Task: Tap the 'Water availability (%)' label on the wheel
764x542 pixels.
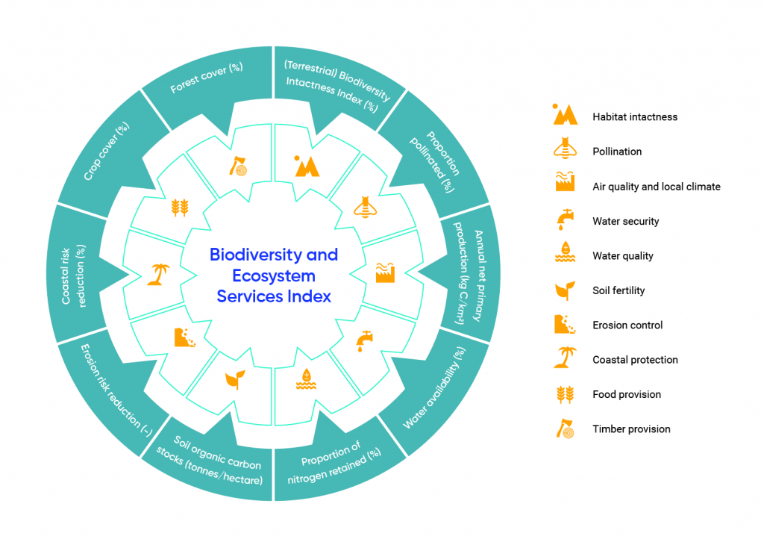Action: [435, 388]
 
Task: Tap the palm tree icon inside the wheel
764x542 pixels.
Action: [157, 274]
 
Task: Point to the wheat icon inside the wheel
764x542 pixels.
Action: [181, 207]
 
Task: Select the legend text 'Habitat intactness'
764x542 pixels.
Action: [634, 116]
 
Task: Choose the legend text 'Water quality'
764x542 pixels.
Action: [622, 256]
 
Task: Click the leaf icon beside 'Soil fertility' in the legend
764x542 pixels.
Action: [565, 290]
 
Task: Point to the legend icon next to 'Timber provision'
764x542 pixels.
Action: [565, 429]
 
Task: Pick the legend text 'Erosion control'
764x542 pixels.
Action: [627, 325]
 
